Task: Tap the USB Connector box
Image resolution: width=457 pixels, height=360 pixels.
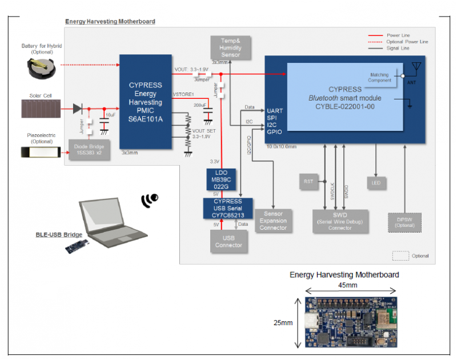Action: click(228, 241)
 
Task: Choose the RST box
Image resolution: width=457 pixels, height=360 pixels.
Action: click(308, 182)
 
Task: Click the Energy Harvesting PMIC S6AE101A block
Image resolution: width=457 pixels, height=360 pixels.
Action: click(146, 102)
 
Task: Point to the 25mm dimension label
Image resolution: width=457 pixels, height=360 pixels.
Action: click(283, 323)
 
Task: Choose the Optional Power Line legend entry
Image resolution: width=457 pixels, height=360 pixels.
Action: click(407, 42)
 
